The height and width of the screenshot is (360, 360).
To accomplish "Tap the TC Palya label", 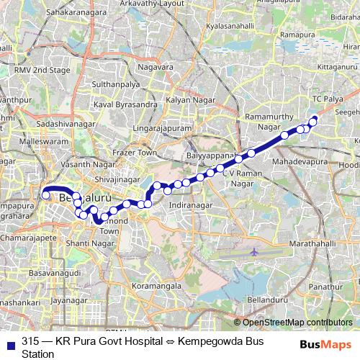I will coord(328,98).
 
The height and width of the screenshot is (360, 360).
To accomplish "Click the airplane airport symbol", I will coord(255,253).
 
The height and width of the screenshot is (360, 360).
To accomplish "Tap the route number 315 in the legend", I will coord(31,340).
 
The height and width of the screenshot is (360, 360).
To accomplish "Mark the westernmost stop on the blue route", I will coord(45,194).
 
